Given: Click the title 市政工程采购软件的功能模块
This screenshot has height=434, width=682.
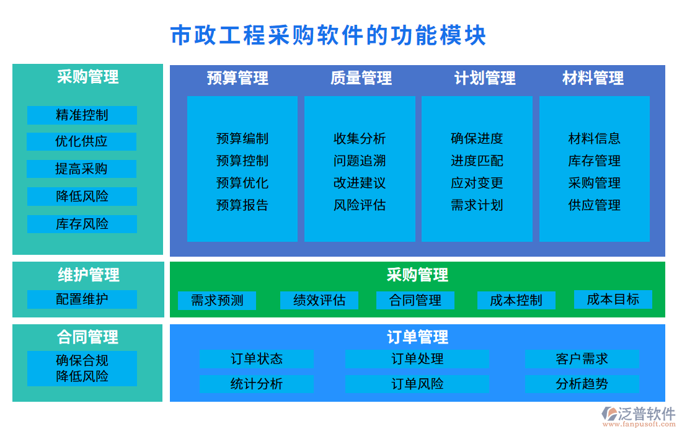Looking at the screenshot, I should [x=328, y=35].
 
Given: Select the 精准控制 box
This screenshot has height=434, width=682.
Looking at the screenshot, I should [x=82, y=115].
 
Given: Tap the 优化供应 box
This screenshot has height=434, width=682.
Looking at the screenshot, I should [x=82, y=141].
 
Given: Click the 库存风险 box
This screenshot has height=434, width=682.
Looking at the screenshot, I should [x=82, y=224].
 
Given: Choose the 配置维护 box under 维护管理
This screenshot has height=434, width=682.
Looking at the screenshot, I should [x=82, y=299].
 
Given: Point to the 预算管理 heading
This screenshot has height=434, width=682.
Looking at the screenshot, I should [x=237, y=78].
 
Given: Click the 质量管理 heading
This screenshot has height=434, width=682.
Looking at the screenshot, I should [x=361, y=78].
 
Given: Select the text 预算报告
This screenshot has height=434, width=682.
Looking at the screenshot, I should [x=242, y=205].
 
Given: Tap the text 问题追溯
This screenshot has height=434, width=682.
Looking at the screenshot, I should [x=360, y=161].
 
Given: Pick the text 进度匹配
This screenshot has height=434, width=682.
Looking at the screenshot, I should [x=477, y=161].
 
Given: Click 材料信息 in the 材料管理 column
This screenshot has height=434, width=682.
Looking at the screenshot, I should [x=594, y=138].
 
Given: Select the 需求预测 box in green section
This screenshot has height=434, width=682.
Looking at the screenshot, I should [x=216, y=301].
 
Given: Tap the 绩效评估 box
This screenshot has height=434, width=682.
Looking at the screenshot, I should [x=319, y=301].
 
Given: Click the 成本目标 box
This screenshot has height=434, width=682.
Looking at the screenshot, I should [x=613, y=299].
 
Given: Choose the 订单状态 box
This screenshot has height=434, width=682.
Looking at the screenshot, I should [x=256, y=359].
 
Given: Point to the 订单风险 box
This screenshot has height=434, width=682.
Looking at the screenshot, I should [x=417, y=384].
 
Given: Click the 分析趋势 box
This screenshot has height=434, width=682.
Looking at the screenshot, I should [x=582, y=384].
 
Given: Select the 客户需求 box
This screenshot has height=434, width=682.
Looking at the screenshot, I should [x=582, y=359].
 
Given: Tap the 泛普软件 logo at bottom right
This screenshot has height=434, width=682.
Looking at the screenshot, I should [x=639, y=415].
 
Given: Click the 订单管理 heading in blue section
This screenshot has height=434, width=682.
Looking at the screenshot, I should [x=417, y=337].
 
